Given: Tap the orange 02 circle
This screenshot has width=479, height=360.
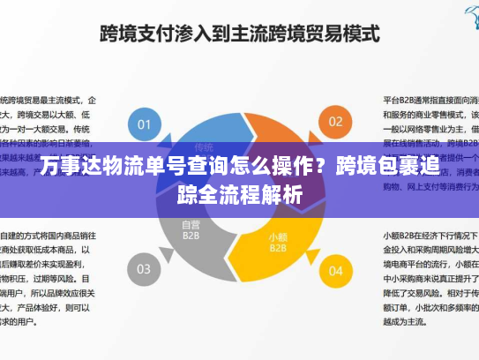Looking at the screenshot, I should [336, 121].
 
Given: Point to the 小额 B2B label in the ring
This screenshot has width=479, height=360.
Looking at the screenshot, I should [278, 241].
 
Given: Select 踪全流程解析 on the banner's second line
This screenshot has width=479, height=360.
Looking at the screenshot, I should [239, 193].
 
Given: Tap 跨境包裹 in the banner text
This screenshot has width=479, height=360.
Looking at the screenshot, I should [379, 165].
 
